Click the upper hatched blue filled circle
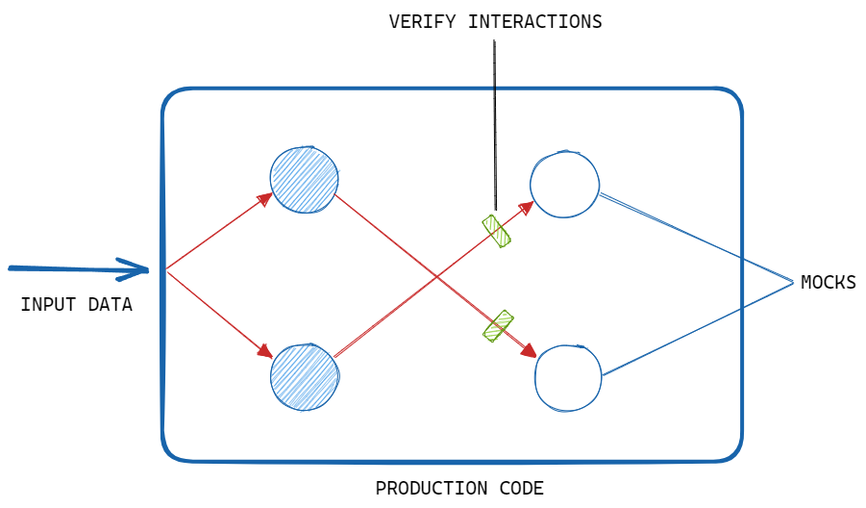tap(304, 179)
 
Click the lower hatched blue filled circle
tap(305, 376)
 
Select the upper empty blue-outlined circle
tap(564, 184)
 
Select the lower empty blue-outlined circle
tap(568, 378)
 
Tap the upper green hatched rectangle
tap(496, 231)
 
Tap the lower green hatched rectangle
tap(498, 326)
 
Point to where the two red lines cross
tap(436, 278)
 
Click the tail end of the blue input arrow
tap(11, 267)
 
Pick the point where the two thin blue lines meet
tap(794, 283)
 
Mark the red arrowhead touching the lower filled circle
tap(266, 353)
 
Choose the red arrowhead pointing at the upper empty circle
tap(528, 206)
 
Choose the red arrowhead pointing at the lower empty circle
tap(530, 354)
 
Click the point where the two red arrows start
tap(166, 270)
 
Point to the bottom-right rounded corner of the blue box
tap(733, 453)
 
